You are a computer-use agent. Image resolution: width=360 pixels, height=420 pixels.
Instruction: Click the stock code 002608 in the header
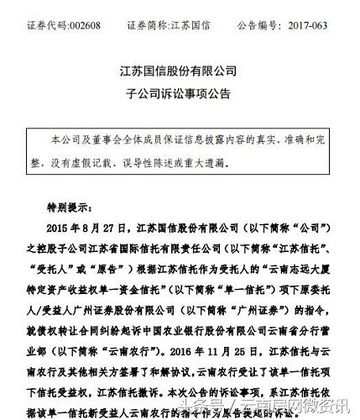click(x=70, y=12)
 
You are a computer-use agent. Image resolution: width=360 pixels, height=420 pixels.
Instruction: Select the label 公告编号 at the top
click(x=262, y=12)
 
